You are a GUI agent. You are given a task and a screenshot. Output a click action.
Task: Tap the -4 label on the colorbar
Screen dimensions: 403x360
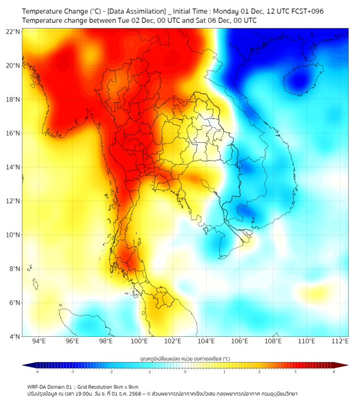click(x=36, y=372)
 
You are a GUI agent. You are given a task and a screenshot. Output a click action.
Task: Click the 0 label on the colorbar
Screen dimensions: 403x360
click(x=185, y=372)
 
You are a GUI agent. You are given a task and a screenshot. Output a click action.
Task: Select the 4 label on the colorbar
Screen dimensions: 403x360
click(x=334, y=372)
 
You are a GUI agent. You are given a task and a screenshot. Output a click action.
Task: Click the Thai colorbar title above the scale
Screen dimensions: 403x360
click(x=185, y=358)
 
